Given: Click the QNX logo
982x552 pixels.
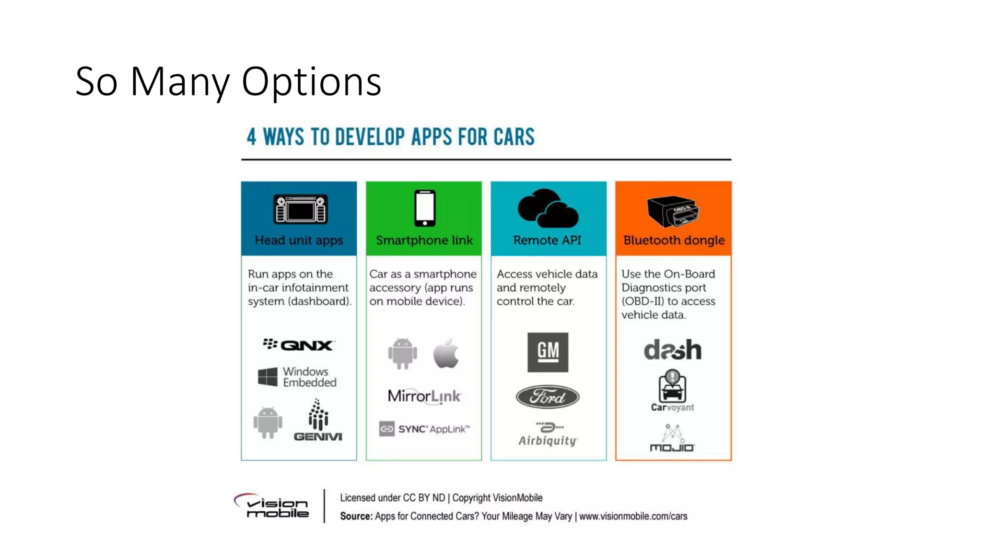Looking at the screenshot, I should (299, 345).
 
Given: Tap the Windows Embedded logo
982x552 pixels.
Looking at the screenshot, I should (297, 377).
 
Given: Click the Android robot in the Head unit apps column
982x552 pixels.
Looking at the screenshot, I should (268, 422).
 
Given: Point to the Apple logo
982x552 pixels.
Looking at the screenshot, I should (446, 353).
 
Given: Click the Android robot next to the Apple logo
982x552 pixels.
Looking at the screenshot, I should (402, 353).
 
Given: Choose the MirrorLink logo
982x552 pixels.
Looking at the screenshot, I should (424, 396).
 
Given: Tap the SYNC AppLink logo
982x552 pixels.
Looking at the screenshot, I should (424, 429).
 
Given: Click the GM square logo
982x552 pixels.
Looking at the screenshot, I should (548, 352).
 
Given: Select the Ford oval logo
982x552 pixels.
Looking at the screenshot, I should (548, 397).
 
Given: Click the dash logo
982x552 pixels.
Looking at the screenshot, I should (672, 350).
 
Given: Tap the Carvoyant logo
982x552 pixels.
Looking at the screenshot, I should (672, 391).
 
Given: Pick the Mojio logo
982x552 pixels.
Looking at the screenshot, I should (672, 438).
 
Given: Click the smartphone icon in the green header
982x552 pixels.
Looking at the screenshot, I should (425, 208).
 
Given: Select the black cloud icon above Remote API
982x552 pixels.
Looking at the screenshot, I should (548, 208).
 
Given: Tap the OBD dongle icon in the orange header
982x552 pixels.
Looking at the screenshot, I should (672, 211).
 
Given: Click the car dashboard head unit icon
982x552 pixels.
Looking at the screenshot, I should (300, 209).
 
